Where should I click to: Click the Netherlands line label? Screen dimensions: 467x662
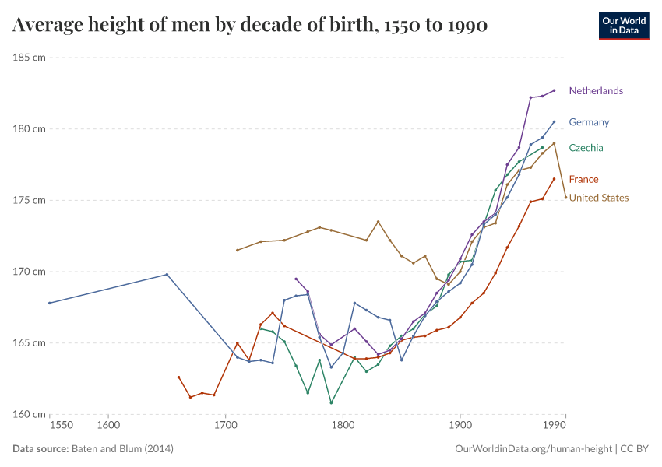click(596, 91)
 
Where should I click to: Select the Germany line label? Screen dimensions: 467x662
click(589, 122)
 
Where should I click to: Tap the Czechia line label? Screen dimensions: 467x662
click(586, 148)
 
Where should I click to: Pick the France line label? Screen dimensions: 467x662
click(583, 180)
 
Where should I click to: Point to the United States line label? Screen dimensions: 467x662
click(598, 198)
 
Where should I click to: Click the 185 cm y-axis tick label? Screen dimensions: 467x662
click(29, 58)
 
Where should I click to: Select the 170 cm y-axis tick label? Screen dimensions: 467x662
click(29, 272)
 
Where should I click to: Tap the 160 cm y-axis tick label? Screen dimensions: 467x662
click(29, 414)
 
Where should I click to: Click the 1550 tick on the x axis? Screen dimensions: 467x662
click(61, 425)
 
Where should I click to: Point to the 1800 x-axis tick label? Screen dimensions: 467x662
click(343, 425)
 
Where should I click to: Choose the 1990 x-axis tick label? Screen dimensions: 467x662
click(555, 425)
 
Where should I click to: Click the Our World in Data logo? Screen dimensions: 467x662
click(623, 26)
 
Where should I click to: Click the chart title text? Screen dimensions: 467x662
click(250, 26)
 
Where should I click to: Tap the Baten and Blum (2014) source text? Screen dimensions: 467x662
click(122, 449)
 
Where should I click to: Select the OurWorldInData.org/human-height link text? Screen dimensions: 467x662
click(533, 449)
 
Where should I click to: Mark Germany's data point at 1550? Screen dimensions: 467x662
click(49, 303)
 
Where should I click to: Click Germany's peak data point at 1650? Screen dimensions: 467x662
click(167, 274)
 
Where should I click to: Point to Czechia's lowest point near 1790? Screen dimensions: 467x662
click(331, 402)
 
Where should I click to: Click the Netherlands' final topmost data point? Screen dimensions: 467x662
click(555, 90)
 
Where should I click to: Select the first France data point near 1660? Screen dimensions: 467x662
click(178, 377)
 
